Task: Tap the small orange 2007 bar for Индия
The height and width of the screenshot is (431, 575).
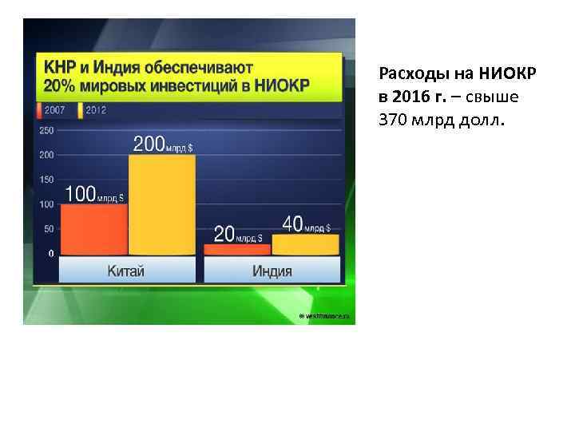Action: point(237,249)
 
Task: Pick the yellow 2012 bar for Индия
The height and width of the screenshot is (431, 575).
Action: point(305,244)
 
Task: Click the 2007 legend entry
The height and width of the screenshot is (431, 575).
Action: point(54,110)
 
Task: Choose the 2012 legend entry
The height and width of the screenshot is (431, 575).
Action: point(94,110)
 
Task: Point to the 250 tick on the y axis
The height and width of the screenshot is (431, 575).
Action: point(46,130)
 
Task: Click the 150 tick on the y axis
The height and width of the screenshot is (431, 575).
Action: point(46,180)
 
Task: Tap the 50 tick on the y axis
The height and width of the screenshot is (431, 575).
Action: point(48,229)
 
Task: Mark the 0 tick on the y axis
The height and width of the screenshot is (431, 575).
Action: point(51,254)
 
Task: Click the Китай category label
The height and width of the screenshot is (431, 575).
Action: point(126,271)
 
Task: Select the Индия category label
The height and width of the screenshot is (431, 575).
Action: point(272,271)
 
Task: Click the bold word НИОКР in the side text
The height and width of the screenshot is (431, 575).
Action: point(509,75)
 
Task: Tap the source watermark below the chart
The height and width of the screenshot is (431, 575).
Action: point(326,317)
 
